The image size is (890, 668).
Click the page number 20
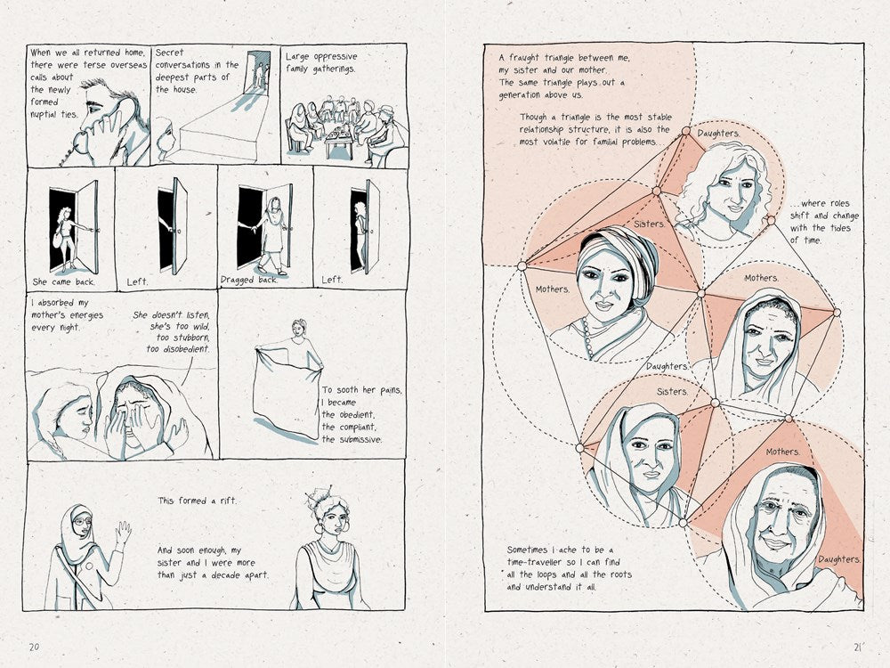pos(34,647)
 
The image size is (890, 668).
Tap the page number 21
pos(858,647)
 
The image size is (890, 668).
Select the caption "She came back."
pos(64,281)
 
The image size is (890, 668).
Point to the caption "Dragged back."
pos(249,280)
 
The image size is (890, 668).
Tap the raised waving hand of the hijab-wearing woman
pos(123,534)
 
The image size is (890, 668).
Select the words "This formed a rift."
pos(197,501)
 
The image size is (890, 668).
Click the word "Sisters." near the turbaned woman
pos(649,224)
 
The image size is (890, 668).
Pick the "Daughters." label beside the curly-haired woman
pos(718,134)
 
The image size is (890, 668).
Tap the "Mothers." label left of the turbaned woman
pos(553,289)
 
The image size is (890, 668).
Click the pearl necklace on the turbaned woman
pos(587,338)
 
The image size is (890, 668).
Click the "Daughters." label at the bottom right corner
pos(839,559)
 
